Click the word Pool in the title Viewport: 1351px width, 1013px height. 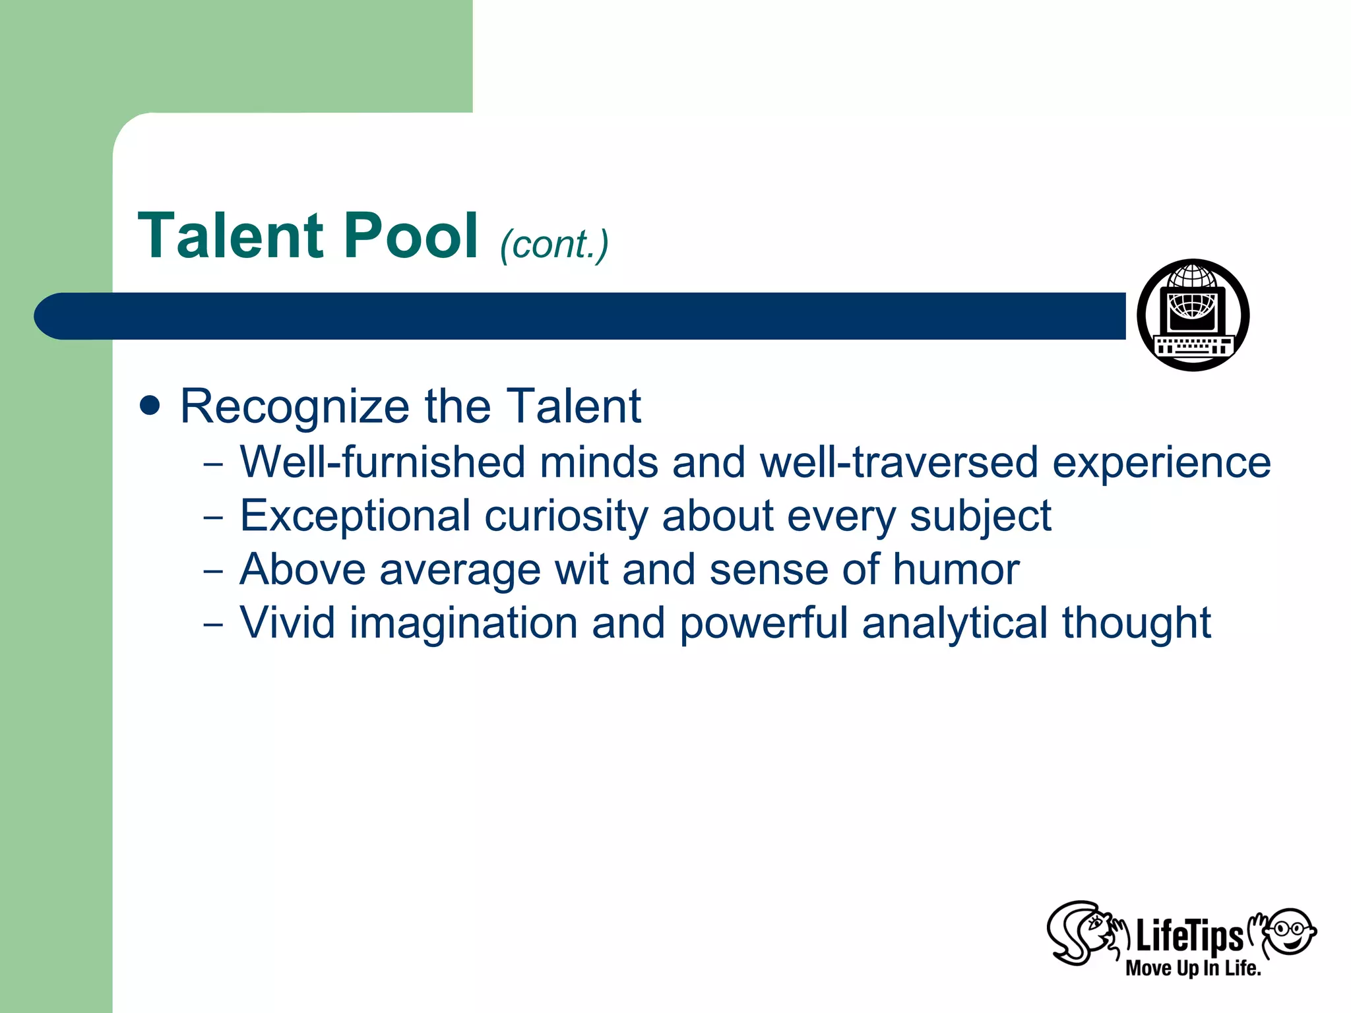click(x=410, y=236)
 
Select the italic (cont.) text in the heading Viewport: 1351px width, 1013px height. click(x=554, y=245)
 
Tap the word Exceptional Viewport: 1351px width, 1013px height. click(x=355, y=516)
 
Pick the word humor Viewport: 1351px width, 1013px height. click(x=956, y=570)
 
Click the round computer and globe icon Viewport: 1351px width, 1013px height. click(x=1193, y=315)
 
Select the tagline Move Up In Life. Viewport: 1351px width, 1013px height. click(x=1193, y=969)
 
